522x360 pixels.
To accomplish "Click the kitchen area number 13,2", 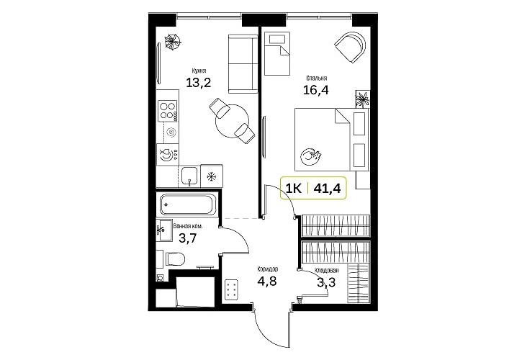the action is [x=199, y=82].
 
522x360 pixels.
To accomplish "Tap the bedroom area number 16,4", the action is [x=315, y=89].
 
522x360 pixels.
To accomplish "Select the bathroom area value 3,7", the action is [x=188, y=238].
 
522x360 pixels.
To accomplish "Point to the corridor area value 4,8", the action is [x=267, y=281].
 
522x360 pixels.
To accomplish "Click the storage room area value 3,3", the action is [x=326, y=283].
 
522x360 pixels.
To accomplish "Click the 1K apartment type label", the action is [x=294, y=189].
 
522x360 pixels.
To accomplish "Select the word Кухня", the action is [x=199, y=71].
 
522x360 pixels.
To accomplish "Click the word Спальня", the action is [x=317, y=78].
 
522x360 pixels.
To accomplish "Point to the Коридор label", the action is [x=268, y=269].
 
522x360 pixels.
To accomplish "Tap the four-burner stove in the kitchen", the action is [x=168, y=111].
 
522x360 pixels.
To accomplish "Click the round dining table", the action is [x=232, y=122].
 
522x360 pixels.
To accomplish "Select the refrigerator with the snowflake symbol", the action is [x=212, y=176].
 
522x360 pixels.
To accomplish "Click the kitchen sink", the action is [x=189, y=176].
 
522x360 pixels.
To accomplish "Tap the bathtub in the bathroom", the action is [x=187, y=204].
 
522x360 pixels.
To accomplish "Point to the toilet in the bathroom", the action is [x=174, y=259].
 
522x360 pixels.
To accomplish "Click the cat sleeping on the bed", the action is [x=310, y=156].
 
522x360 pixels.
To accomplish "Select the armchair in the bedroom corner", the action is [x=351, y=47].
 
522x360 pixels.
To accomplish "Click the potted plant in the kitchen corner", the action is [x=172, y=42].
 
